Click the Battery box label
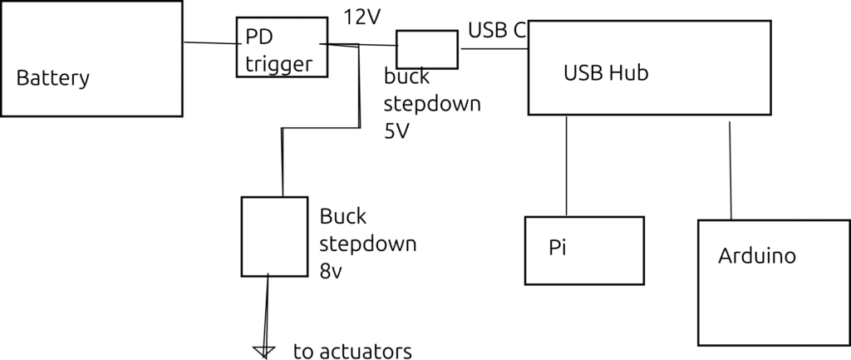[x=52, y=79]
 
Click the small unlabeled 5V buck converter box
[x=426, y=49]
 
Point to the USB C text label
[x=497, y=31]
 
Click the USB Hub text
[x=605, y=73]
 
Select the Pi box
[x=584, y=249]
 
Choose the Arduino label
[x=756, y=255]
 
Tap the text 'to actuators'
[x=352, y=352]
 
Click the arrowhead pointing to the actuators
[x=264, y=353]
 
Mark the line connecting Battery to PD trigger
[x=209, y=44]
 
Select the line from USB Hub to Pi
[x=567, y=165]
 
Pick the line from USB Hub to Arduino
[x=730, y=170]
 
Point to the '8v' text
[x=331, y=271]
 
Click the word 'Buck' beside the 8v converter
[x=342, y=216]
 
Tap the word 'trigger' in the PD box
[x=278, y=64]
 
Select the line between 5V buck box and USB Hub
[x=493, y=48]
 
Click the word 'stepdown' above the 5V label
[x=432, y=105]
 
